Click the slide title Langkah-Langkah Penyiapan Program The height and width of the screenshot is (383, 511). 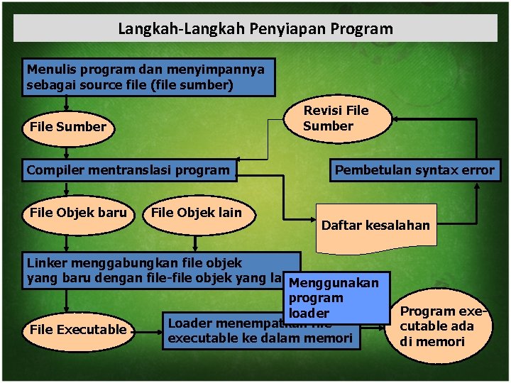click(255, 29)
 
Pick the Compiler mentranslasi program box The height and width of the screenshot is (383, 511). click(128, 170)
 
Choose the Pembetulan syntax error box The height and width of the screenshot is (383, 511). click(414, 170)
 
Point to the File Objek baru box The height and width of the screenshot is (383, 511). click(78, 213)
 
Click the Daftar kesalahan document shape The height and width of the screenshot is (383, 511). click(375, 227)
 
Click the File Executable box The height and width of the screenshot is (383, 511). click(78, 330)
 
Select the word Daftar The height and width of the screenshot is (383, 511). click(341, 226)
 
